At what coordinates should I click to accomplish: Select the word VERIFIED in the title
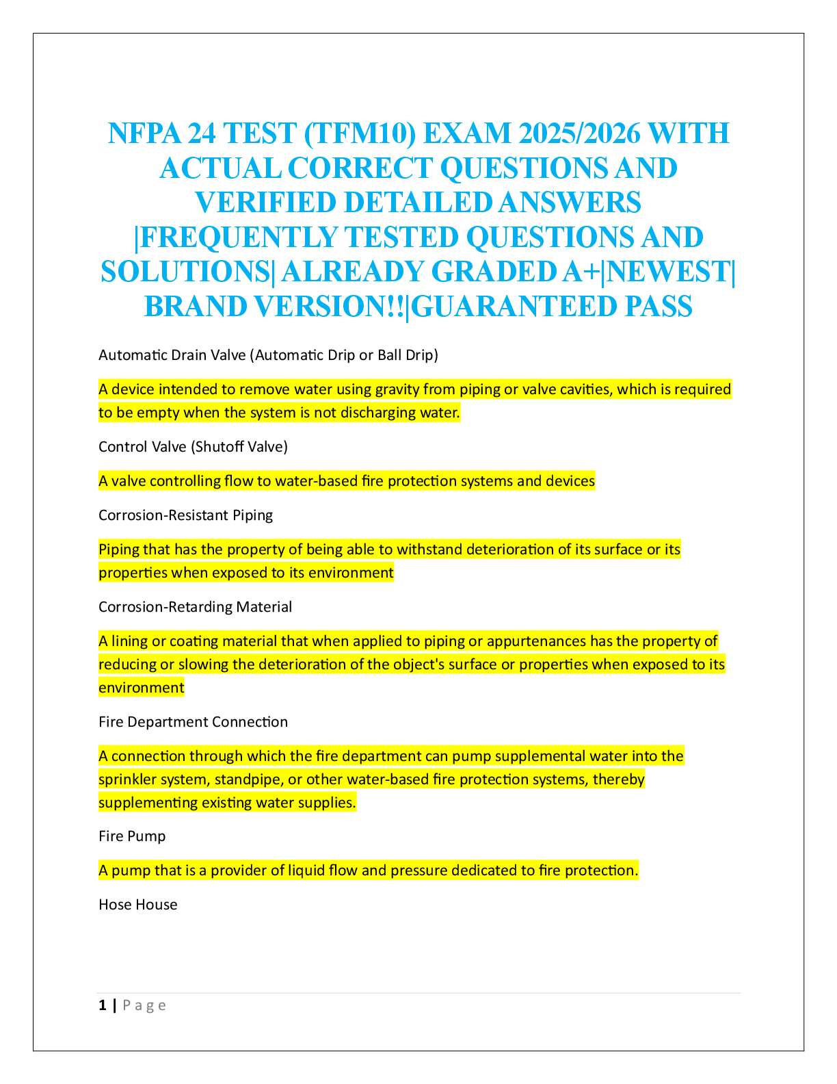point(265,203)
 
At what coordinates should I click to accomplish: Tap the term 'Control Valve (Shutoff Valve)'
point(193,447)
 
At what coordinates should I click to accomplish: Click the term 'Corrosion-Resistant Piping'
point(185,515)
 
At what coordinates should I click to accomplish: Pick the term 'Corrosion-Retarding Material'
point(195,607)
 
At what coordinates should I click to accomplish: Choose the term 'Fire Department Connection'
point(193,722)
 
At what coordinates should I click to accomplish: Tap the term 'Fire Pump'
point(132,836)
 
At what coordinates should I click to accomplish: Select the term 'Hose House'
point(138,905)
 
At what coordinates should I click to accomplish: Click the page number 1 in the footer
point(103,1005)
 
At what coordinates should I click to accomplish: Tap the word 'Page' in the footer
point(144,1005)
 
